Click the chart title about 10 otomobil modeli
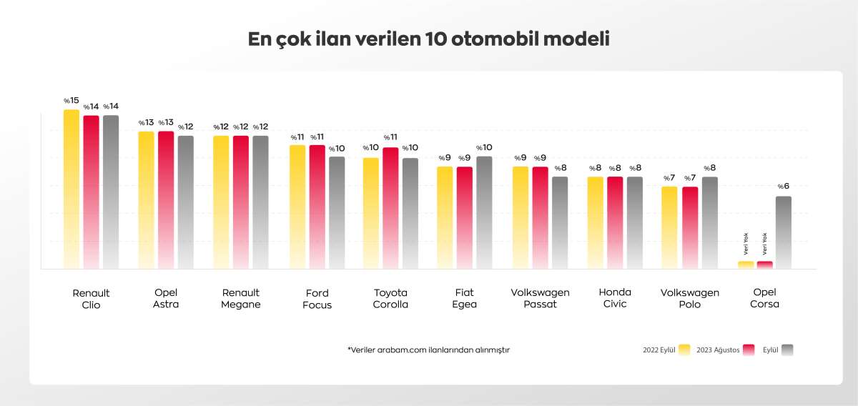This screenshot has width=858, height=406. click(x=428, y=39)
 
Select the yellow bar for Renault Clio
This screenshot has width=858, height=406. click(x=71, y=189)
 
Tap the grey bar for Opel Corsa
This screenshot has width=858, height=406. click(x=784, y=232)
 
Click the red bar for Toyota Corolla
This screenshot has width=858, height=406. click(x=390, y=207)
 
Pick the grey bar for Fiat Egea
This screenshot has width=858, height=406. click(x=484, y=212)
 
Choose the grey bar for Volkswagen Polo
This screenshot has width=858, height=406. click(x=709, y=222)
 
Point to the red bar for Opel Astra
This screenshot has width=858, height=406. click(x=166, y=200)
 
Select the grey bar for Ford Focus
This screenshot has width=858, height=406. click(x=337, y=212)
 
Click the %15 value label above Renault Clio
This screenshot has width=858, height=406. click(x=71, y=101)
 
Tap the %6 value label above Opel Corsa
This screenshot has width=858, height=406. click(x=784, y=187)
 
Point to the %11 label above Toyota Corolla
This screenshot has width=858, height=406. click(x=390, y=137)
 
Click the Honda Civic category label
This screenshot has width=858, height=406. click(x=615, y=298)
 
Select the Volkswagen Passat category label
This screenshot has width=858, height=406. click(x=541, y=298)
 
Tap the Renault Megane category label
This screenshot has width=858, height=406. click(x=241, y=298)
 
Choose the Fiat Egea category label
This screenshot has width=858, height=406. click(x=465, y=298)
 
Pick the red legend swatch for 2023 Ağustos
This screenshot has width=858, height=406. click(x=749, y=350)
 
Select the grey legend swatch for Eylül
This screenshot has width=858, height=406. click(x=787, y=350)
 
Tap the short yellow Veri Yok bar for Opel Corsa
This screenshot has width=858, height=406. click(x=746, y=264)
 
